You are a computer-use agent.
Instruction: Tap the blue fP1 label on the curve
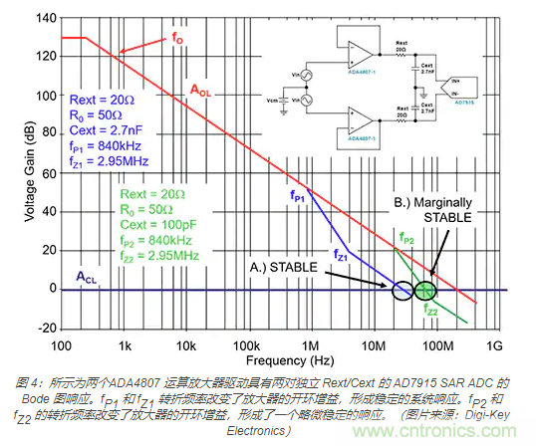click(298, 196)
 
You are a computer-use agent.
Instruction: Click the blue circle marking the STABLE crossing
click(402, 290)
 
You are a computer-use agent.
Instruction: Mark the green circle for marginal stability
click(425, 290)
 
